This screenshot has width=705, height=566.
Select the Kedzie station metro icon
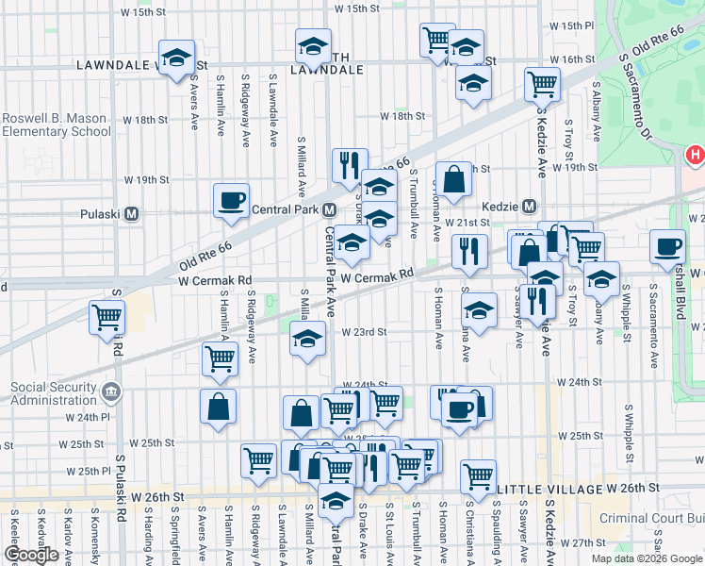point(529,206)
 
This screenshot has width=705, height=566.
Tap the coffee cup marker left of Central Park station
point(231,201)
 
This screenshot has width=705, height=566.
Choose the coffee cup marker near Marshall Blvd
point(668,247)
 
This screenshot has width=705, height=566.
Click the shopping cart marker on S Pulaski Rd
point(107,317)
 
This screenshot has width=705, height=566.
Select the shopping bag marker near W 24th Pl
point(218,407)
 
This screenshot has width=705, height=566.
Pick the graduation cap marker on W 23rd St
point(307,340)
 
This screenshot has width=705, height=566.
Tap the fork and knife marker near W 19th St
point(350,165)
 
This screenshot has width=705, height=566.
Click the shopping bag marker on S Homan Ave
point(453,179)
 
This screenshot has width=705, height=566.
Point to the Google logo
point(31,555)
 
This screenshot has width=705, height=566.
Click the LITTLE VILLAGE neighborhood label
point(549,489)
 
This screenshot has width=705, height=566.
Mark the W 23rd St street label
point(365,332)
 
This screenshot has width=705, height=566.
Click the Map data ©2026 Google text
point(646,558)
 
